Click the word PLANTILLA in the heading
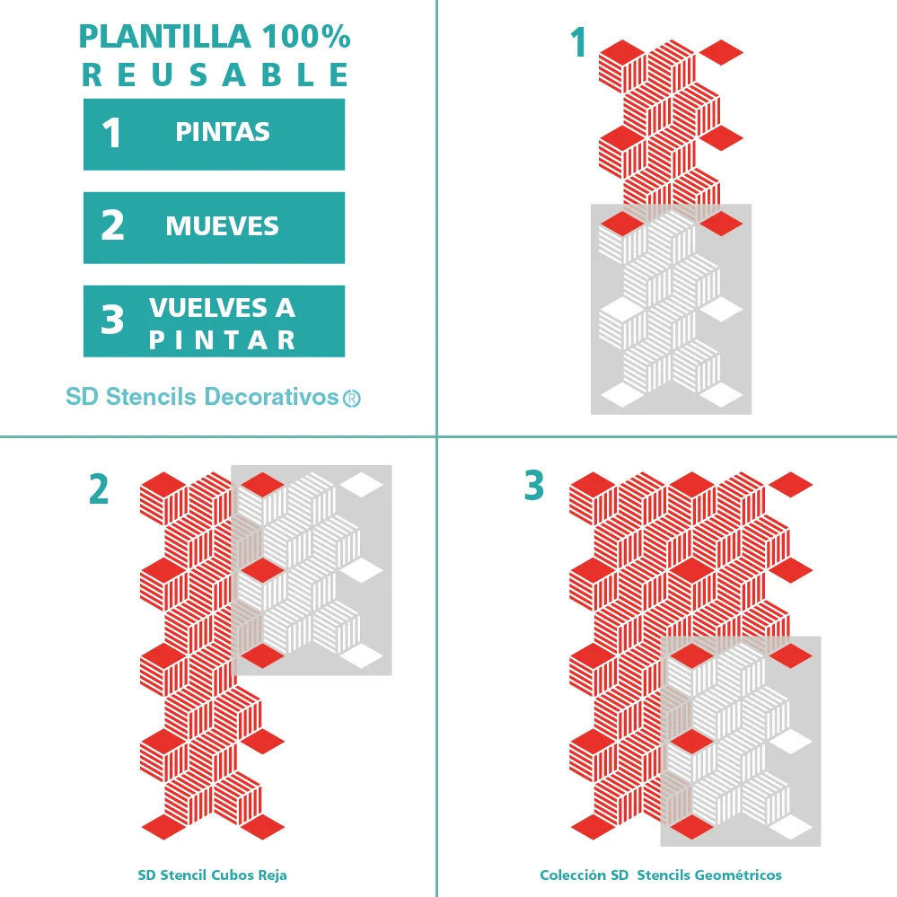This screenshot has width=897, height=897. tap(164, 37)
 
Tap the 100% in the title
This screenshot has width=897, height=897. tap(306, 37)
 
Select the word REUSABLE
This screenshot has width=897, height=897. tap(215, 75)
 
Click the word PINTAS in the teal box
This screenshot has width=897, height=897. tap(223, 132)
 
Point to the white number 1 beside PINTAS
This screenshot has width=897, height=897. tap(112, 133)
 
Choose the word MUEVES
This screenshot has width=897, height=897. tap(223, 226)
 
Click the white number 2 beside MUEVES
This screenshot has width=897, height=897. tap(112, 224)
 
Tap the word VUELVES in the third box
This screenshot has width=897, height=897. tap(207, 308)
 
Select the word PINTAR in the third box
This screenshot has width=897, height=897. tap(222, 340)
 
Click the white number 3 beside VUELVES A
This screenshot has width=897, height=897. tap(112, 320)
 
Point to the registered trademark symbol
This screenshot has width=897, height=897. tap(352, 399)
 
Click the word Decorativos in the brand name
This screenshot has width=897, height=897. tap(272, 397)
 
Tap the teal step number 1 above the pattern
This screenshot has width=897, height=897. tap(579, 42)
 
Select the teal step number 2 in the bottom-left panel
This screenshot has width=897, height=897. tap(99, 489)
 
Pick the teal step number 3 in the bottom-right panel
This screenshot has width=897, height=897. tap(534, 485)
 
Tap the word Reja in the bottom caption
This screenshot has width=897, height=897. tap(272, 875)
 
